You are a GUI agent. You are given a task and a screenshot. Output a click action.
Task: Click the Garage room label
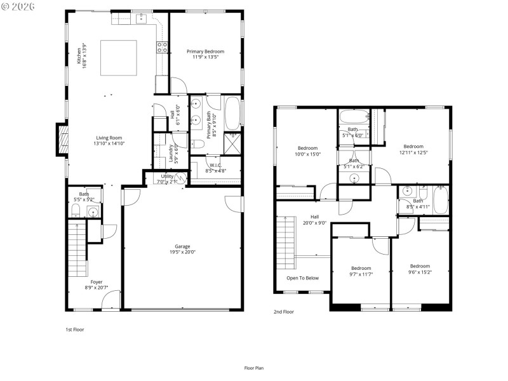click(x=182, y=249)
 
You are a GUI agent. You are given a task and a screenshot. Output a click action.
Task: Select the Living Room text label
click(x=109, y=140)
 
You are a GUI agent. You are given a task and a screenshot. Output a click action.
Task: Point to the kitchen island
click(x=118, y=58)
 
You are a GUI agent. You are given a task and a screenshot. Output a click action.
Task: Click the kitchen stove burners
click(x=163, y=46)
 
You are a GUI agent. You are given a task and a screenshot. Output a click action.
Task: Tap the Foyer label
click(x=97, y=284)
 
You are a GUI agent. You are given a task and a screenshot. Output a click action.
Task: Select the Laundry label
click(x=173, y=155)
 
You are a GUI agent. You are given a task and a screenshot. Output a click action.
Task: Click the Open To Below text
click(x=302, y=278)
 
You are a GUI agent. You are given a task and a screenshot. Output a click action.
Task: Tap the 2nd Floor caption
click(x=284, y=312)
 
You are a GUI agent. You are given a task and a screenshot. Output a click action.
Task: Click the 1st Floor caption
click(x=75, y=330)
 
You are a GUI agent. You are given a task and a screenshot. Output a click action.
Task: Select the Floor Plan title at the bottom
click(x=254, y=368)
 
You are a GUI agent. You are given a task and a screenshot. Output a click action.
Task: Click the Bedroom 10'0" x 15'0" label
click(x=307, y=150)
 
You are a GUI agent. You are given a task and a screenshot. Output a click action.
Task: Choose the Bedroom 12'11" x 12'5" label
click(x=413, y=149)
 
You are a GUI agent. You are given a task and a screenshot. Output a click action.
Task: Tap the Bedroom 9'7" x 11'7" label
click(x=361, y=271)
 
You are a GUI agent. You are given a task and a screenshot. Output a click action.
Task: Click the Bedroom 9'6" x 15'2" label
click(x=420, y=269)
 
